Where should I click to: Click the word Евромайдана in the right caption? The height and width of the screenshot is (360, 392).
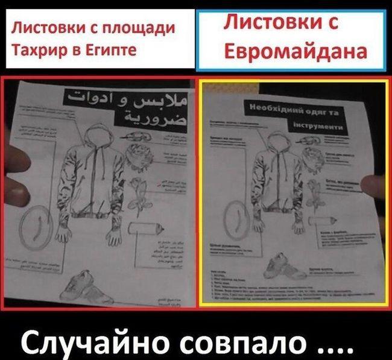point(295,51)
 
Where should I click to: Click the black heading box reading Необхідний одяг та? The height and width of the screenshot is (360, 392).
point(294,112)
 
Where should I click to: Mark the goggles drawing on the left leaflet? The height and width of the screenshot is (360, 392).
point(139,143)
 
